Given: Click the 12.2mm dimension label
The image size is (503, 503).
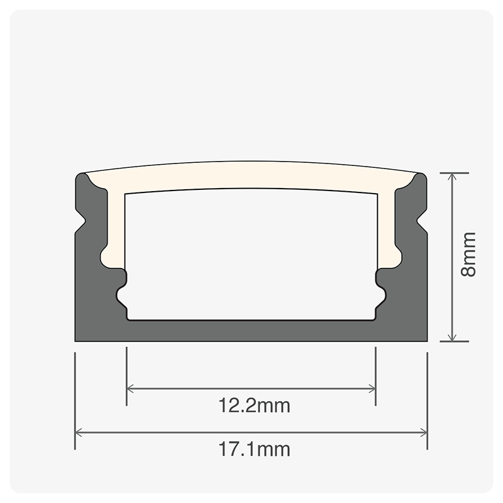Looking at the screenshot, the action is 255,406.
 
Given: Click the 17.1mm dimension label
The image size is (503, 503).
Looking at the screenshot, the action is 255,449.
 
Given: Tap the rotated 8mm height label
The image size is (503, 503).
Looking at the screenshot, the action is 468,254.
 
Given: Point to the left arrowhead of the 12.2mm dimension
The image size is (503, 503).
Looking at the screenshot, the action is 129,389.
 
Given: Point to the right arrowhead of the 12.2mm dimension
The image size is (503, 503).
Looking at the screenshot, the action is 373,389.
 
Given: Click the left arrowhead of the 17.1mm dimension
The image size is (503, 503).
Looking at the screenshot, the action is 77,433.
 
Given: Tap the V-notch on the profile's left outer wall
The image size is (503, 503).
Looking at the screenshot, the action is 82,221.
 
